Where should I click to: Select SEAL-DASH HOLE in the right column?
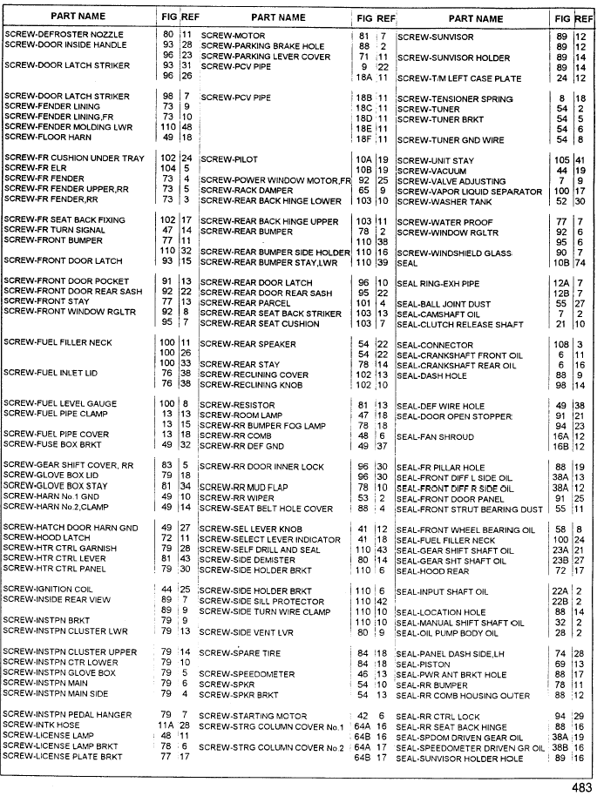pyautogui.click(x=432, y=375)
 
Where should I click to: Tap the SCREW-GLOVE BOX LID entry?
pyautogui.click(x=49, y=475)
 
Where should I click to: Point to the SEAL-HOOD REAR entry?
pyautogui.click(x=433, y=571)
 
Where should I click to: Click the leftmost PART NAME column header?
pyautogui.click(x=78, y=17)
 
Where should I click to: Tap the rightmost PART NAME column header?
pyautogui.click(x=476, y=18)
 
